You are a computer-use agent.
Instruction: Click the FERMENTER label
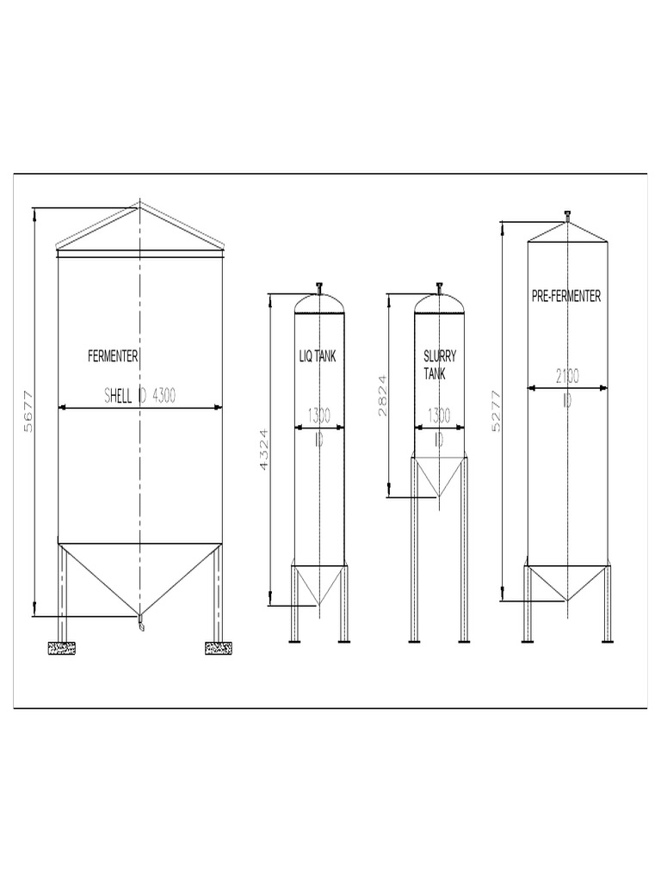tap(113, 356)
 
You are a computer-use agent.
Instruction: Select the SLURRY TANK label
tap(440, 365)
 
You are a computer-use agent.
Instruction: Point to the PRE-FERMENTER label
tap(566, 297)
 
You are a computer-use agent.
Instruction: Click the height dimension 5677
tap(28, 411)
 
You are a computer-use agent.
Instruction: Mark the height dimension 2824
tap(383, 395)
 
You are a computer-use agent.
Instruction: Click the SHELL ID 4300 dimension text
tap(140, 396)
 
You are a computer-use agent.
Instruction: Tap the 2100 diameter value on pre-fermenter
tap(567, 375)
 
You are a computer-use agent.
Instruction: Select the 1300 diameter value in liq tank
tap(318, 415)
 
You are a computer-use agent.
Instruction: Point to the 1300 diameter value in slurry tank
tap(439, 415)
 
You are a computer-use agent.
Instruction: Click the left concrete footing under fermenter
tap(62, 648)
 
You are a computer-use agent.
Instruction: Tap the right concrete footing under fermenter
tap(219, 648)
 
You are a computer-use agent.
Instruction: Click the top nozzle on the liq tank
tap(319, 287)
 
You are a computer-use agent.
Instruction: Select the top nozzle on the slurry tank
tap(439, 287)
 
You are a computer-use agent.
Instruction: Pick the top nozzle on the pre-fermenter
tap(567, 215)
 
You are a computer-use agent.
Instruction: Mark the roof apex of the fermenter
tap(139, 206)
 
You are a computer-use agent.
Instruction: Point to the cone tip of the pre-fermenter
tap(567, 600)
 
